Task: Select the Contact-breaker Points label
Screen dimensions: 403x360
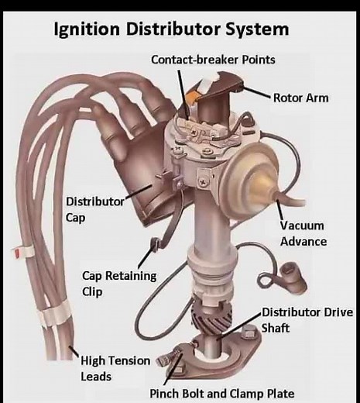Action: [213, 60]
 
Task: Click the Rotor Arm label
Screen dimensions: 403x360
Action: [300, 98]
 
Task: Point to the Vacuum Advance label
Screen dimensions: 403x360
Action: [303, 234]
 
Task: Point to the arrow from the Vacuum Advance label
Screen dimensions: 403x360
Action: [279, 211]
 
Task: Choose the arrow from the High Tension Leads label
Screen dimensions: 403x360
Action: [73, 353]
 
